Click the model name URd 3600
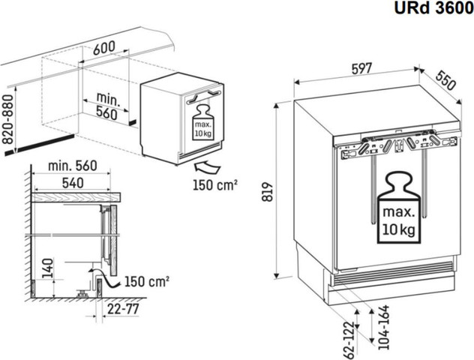(433, 8)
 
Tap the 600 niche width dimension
(104, 48)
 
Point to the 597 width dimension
(361, 68)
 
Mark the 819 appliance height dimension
(268, 192)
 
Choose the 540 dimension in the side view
(73, 183)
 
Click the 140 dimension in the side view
(48, 268)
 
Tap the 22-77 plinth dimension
(123, 309)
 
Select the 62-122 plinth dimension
(349, 340)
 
